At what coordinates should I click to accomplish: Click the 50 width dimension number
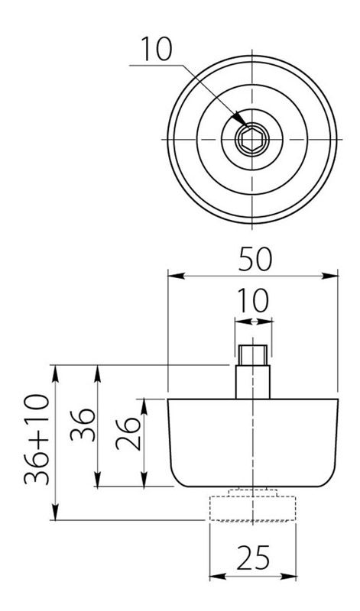pyautogui.click(x=255, y=259)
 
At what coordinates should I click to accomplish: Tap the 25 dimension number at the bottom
pyautogui.click(x=253, y=558)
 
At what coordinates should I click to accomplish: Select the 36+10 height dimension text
pyautogui.click(x=37, y=439)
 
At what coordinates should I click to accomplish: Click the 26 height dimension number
pyautogui.click(x=128, y=434)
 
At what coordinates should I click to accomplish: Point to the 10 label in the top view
pyautogui.click(x=156, y=49)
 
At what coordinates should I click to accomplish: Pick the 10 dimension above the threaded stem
pyautogui.click(x=253, y=300)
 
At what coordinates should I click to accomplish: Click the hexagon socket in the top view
pyautogui.click(x=252, y=139)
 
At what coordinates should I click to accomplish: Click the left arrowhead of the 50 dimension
pyautogui.click(x=176, y=276)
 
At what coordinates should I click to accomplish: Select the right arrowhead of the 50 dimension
pyautogui.click(x=330, y=276)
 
